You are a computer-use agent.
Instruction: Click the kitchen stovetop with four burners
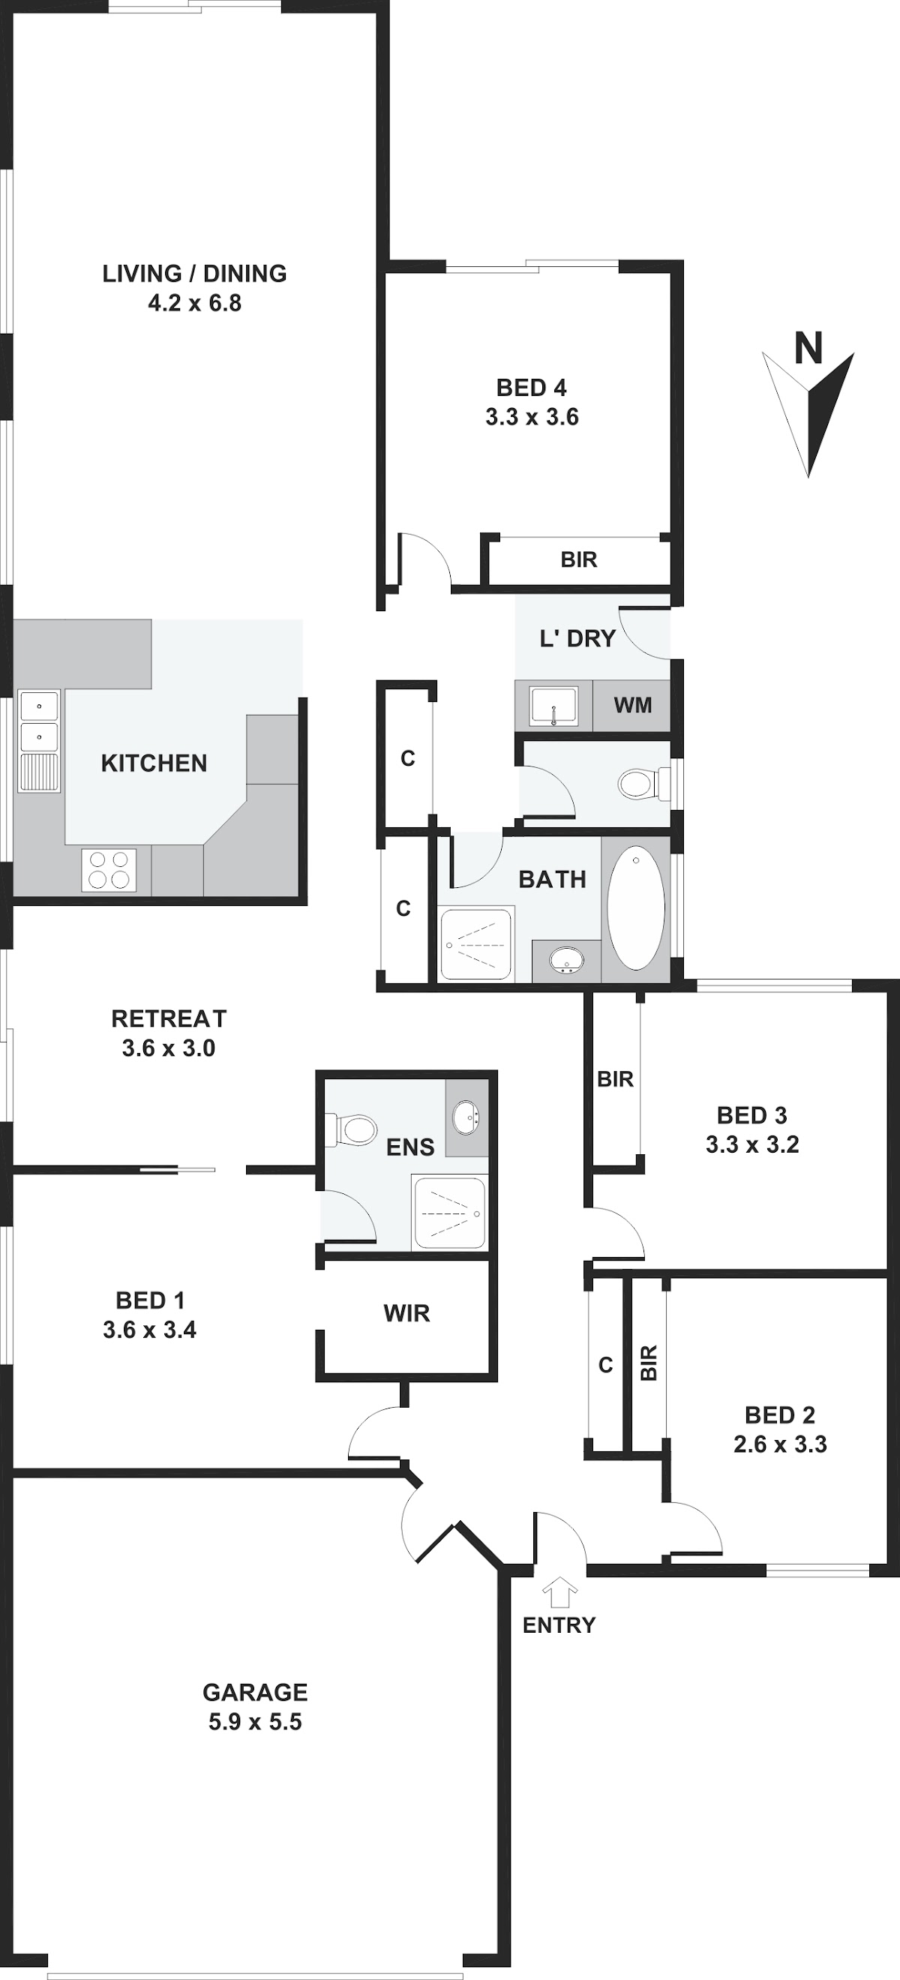coord(109,870)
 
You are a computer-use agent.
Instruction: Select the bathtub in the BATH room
coord(637,907)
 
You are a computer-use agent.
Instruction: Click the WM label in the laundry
coord(632,705)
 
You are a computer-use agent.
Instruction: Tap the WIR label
coord(406,1313)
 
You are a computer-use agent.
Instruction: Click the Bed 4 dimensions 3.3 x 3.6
coord(532,417)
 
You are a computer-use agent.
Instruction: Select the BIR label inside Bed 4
coord(579,559)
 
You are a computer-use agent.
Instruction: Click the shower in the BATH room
coord(475,945)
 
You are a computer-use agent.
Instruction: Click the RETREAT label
coord(169,1018)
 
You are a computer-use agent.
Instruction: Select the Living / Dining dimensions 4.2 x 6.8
coord(194,303)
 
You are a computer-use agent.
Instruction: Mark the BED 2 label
coord(780,1415)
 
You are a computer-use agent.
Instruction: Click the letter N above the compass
coord(808,348)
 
